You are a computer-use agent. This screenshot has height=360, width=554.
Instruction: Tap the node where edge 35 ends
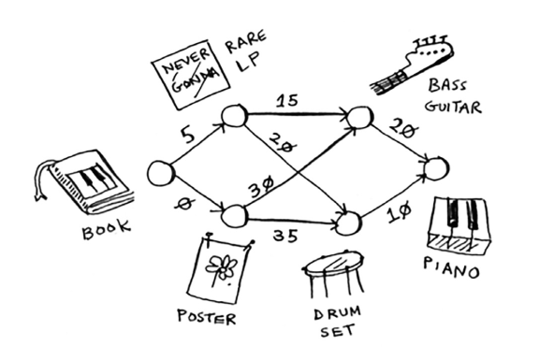(347, 223)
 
